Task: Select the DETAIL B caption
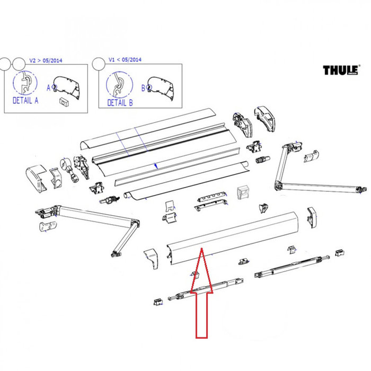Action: pyautogui.click(x=120, y=102)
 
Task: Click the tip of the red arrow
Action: pyautogui.click(x=201, y=249)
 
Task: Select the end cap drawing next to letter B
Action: pyautogui.click(x=161, y=85)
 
